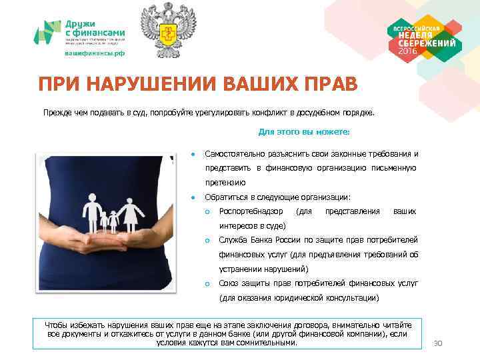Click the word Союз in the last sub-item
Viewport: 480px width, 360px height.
[229, 283]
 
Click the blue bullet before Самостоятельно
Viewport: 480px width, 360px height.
[192, 154]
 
